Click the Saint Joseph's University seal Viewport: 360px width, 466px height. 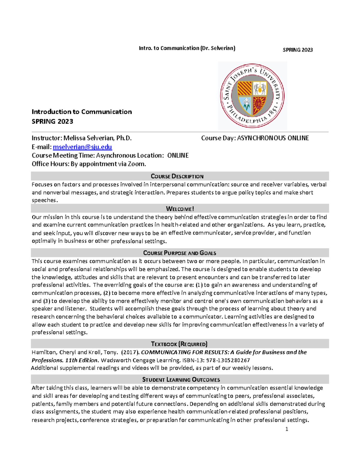[252, 96]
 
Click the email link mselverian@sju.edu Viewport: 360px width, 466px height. [82, 147]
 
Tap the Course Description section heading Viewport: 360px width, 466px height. [177, 176]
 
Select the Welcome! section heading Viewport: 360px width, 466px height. [180, 209]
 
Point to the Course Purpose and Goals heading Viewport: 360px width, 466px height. [179, 253]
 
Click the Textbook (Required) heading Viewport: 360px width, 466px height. [179, 344]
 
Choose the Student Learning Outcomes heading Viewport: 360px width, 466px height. [181, 380]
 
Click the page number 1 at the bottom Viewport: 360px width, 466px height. [287, 429]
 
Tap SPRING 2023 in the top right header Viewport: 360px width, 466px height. [298, 50]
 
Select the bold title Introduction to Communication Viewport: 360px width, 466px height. [82, 112]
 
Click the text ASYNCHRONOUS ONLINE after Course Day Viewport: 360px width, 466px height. [273, 138]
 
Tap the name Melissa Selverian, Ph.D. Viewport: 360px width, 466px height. [97, 138]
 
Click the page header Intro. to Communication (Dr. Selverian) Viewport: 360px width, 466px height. [187, 48]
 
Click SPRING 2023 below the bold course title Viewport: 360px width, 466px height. [52, 122]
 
